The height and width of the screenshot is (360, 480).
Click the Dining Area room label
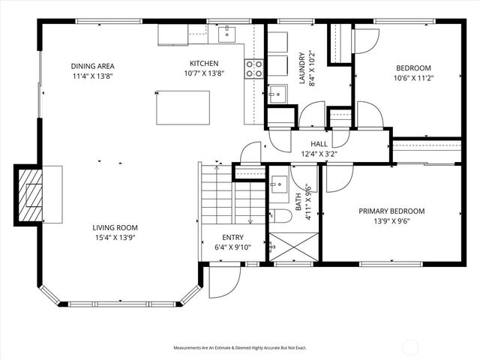point(93,65)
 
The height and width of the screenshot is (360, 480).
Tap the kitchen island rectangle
point(183,107)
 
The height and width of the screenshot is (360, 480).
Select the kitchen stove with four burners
point(254,69)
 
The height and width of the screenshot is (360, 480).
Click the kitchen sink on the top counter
point(226,34)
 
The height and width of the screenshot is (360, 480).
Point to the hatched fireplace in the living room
point(30,193)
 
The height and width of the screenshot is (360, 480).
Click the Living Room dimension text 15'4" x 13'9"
point(115,238)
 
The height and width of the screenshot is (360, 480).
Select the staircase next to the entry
point(232,199)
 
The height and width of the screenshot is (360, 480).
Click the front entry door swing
point(224,280)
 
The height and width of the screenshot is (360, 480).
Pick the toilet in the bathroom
point(282,216)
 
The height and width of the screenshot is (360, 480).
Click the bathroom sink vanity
point(279,184)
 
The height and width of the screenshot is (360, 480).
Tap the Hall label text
point(319,144)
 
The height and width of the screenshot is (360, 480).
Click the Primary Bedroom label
point(391,211)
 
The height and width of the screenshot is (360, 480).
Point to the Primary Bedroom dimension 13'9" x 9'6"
point(391,221)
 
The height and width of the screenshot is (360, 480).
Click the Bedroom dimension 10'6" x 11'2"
point(414,77)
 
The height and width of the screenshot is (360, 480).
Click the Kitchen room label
point(203,64)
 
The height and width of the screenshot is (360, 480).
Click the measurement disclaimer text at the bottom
point(240,348)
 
